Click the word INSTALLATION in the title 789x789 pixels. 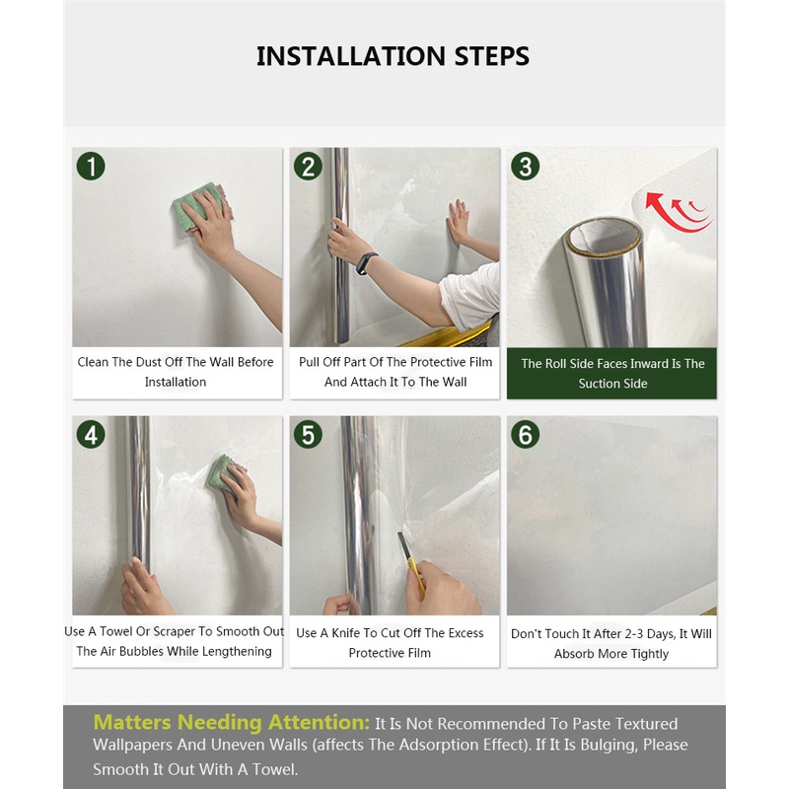pos(351,56)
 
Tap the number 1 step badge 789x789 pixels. pos(91,167)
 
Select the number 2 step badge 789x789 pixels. pos(308,167)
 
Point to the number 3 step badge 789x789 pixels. pos(526,167)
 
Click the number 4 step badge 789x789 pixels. pos(91,435)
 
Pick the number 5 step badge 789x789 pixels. pos(308,435)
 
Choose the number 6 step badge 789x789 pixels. pos(526,435)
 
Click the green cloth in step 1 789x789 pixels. pos(193,206)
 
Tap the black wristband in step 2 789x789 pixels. pos(367,263)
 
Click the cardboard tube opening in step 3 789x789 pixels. pos(603,235)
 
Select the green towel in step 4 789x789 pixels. pos(220,473)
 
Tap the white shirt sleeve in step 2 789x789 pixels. pos(469,297)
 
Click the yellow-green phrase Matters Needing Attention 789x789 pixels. pos(232,723)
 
